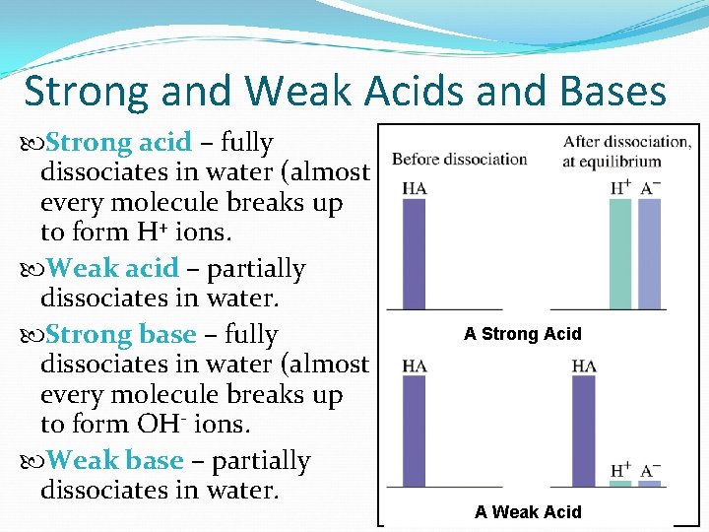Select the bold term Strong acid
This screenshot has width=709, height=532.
click(x=118, y=143)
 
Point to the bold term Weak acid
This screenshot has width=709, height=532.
click(x=112, y=268)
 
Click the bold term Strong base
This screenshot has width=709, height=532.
click(x=120, y=335)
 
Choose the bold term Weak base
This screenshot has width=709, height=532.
click(x=114, y=460)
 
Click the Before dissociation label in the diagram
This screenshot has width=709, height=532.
click(x=459, y=159)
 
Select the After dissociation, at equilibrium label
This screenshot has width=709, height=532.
click(x=626, y=151)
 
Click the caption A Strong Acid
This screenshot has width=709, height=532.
click(x=522, y=334)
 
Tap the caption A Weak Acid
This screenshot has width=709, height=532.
click(x=527, y=511)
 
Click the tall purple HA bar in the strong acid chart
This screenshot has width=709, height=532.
click(x=415, y=254)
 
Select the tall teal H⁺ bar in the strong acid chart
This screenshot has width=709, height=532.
click(x=620, y=254)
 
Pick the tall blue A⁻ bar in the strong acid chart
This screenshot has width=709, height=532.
click(x=650, y=254)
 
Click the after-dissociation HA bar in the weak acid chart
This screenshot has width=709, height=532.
click(x=584, y=431)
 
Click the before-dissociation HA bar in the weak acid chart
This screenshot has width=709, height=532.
click(x=415, y=431)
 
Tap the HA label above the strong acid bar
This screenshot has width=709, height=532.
click(x=415, y=188)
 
